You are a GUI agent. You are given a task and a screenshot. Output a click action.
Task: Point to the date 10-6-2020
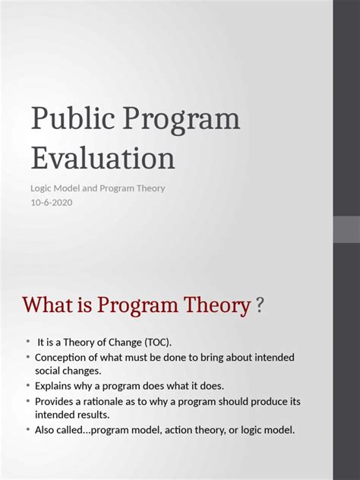(x=52, y=202)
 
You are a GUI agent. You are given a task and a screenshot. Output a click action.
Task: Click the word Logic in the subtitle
(x=42, y=188)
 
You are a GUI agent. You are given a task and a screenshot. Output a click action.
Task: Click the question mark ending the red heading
(x=260, y=305)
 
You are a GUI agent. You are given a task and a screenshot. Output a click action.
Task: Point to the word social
(x=49, y=371)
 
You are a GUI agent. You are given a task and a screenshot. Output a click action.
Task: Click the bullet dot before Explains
(x=28, y=386)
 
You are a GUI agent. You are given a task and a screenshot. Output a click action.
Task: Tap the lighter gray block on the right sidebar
(x=346, y=229)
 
